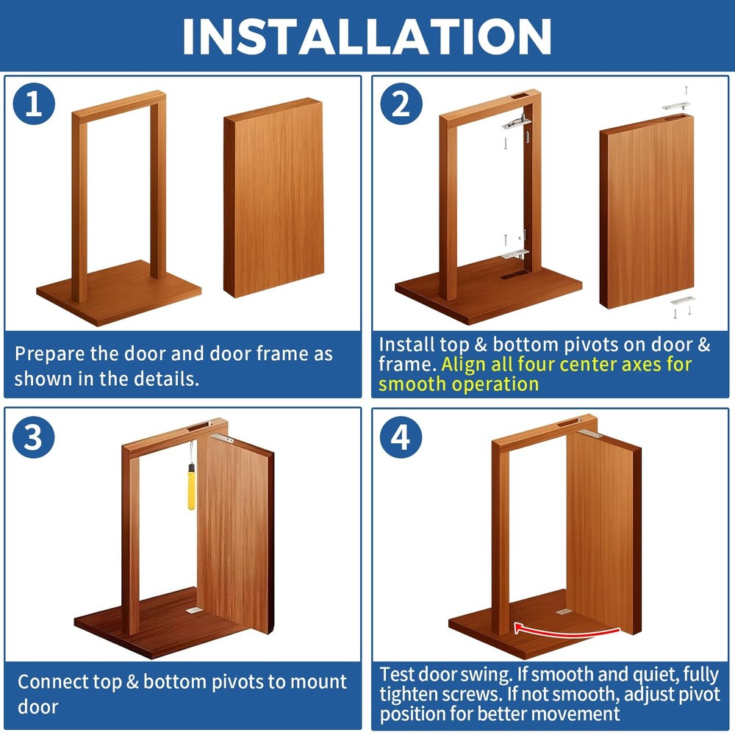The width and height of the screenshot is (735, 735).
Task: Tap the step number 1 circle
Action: (34, 105)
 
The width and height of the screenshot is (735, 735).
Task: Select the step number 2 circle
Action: (401, 105)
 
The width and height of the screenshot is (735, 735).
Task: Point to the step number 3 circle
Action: (34, 439)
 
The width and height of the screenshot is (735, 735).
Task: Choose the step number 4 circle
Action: (401, 439)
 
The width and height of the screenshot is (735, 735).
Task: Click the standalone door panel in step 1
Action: (274, 197)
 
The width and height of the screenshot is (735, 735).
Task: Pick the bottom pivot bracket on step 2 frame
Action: (516, 254)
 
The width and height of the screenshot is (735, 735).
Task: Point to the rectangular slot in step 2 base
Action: (512, 277)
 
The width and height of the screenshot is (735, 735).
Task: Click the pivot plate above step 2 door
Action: (676, 106)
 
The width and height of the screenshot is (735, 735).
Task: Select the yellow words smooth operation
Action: (459, 384)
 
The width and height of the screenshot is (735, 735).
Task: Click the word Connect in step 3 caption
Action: (51, 681)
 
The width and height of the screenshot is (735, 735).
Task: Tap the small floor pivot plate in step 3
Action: (193, 609)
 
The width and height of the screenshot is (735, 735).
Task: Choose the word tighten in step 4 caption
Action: (410, 694)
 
